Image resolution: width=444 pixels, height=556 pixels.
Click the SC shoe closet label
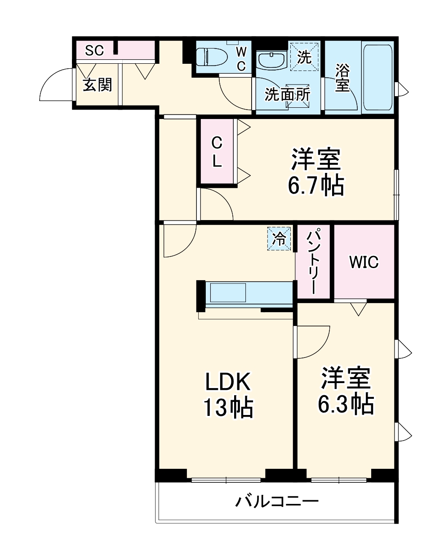click(x=95, y=50)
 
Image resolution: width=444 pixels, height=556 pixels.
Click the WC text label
click(x=241, y=58)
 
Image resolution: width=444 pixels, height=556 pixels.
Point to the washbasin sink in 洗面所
click(x=271, y=60)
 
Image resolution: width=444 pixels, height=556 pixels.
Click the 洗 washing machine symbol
click(x=305, y=57)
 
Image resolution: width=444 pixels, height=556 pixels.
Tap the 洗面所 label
click(x=287, y=94)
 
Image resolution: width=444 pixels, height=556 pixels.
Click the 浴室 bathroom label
click(x=342, y=77)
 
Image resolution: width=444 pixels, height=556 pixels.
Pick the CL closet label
click(x=217, y=152)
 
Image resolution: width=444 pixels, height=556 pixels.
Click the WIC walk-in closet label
click(x=364, y=262)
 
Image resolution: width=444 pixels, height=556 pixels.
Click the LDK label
click(x=227, y=382)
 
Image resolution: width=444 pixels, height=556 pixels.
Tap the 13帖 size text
click(x=228, y=408)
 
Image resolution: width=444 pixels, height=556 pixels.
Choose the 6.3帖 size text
click(x=346, y=404)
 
